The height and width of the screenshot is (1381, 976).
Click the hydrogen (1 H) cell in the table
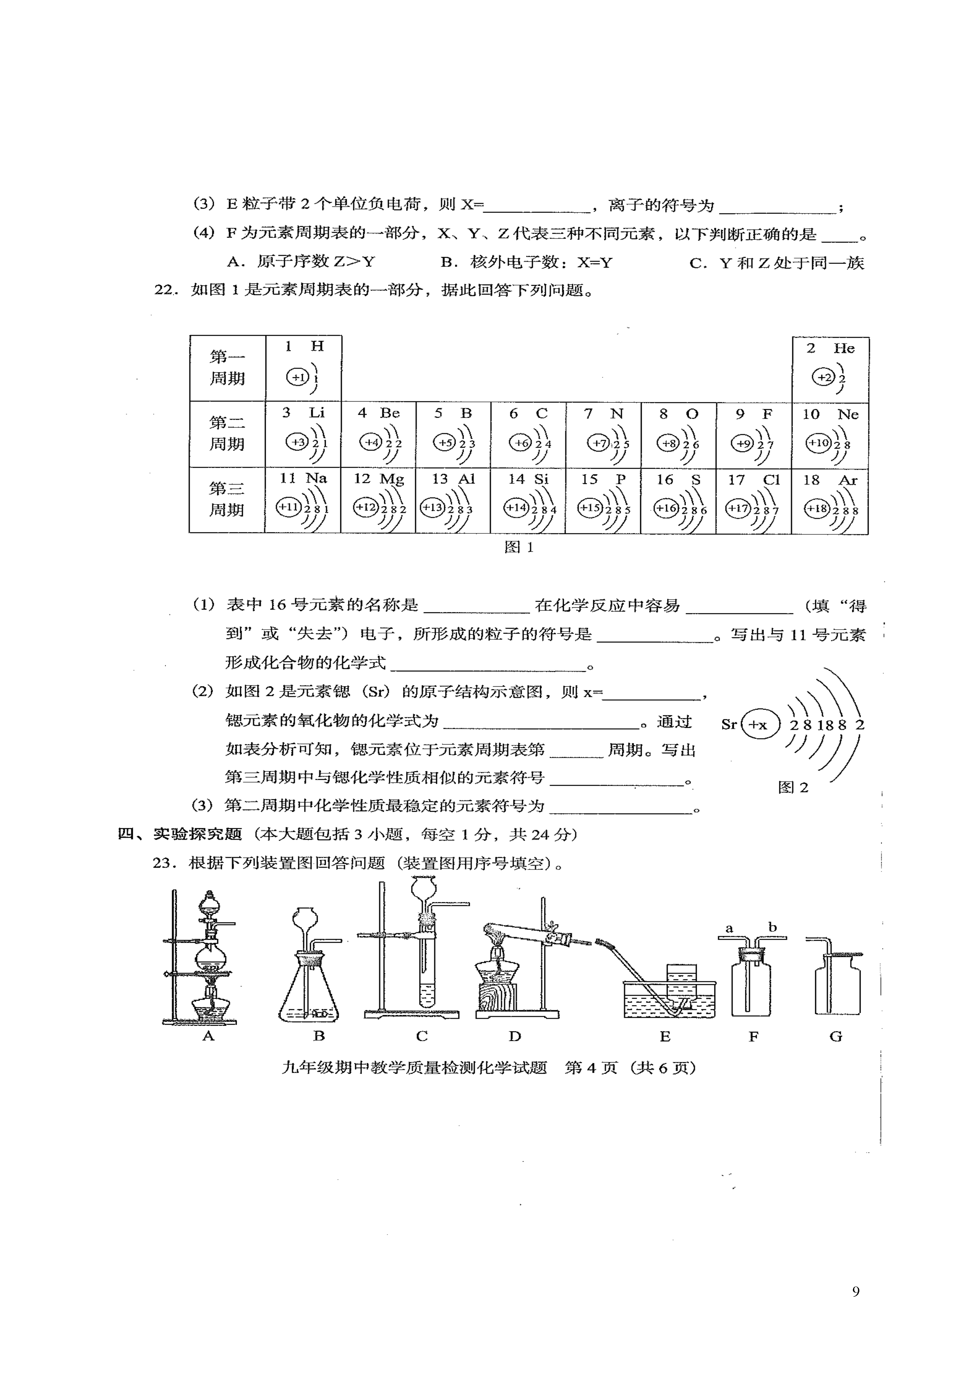303,368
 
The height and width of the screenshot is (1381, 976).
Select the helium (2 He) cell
830,369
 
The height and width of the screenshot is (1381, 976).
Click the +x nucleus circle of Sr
760,725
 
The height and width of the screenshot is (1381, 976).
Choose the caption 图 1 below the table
518,547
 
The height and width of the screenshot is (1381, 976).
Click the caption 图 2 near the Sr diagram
793,788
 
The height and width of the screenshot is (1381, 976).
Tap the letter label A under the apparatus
208,1036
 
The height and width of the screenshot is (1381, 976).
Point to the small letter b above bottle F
773,927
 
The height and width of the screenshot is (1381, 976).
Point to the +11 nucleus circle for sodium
288,507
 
